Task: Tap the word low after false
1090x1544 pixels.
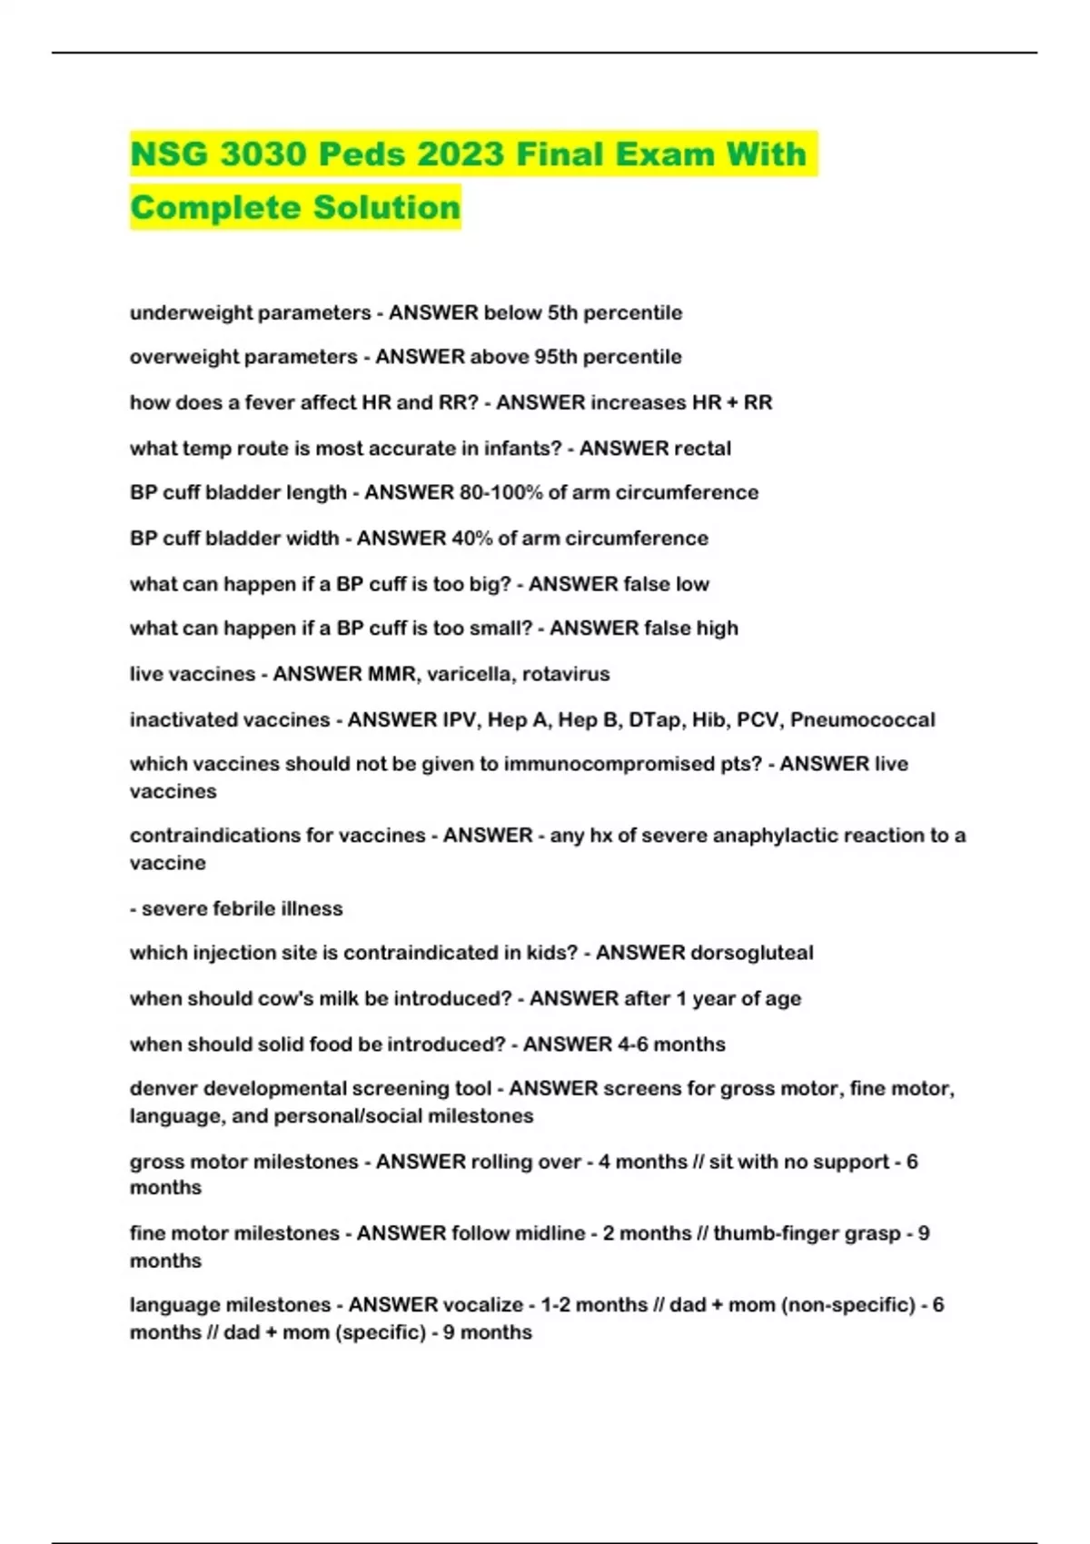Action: click(x=692, y=584)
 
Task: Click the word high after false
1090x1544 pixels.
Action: click(x=717, y=628)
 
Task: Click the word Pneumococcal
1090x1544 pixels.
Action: click(x=862, y=720)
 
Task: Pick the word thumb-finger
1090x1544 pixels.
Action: click(x=776, y=1233)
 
